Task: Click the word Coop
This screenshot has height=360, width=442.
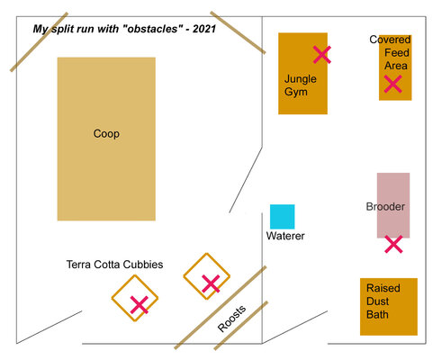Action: (x=106, y=134)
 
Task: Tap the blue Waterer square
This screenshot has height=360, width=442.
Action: (x=282, y=217)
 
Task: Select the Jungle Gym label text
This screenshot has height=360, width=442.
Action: (x=300, y=85)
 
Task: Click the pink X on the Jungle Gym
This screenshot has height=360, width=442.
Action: (x=322, y=55)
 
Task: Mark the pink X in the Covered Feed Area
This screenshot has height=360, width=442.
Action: (x=392, y=84)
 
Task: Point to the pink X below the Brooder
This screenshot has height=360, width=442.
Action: (x=393, y=244)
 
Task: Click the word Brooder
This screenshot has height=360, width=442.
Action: (x=385, y=207)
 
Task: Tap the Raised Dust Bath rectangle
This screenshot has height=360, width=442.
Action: (x=389, y=307)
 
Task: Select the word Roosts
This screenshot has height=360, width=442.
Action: (x=231, y=319)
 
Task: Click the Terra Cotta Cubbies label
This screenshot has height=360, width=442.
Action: (x=114, y=265)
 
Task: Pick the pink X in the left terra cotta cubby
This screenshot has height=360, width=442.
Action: (x=140, y=305)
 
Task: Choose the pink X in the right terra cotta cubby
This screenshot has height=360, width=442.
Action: (x=211, y=283)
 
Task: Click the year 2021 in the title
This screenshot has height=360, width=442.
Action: (x=204, y=29)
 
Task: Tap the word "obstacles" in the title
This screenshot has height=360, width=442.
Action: (x=152, y=29)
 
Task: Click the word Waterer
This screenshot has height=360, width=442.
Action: (x=285, y=236)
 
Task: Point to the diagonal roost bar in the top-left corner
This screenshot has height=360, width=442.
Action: (x=39, y=42)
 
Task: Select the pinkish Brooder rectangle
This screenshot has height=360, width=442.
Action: (x=393, y=205)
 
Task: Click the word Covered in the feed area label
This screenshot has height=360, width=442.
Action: (x=390, y=40)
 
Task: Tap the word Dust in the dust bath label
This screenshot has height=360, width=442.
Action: (x=377, y=301)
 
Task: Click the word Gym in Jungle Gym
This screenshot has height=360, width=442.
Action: (x=296, y=92)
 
